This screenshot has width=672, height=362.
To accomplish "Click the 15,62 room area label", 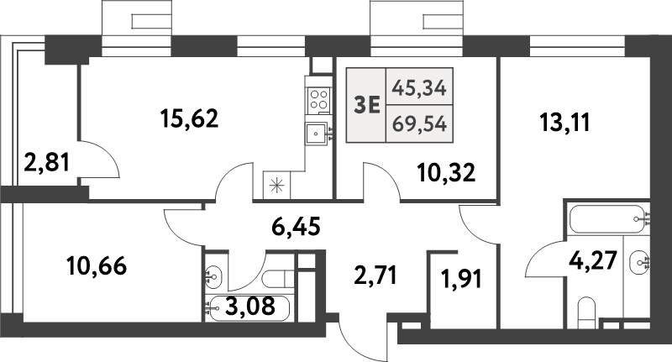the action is click(x=190, y=118).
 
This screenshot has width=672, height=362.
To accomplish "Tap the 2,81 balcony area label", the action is click(x=47, y=163).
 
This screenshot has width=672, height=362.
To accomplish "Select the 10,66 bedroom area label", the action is click(x=97, y=266).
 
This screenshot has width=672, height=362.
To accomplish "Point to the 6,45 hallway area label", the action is click(x=297, y=227).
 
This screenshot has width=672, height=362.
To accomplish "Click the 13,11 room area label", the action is click(x=564, y=123).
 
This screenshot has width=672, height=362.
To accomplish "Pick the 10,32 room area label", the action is click(x=446, y=173).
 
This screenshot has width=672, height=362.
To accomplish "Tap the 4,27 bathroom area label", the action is click(x=593, y=261).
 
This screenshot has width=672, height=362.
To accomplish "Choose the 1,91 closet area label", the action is click(x=461, y=279).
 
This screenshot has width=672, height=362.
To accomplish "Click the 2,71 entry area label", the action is click(x=375, y=275).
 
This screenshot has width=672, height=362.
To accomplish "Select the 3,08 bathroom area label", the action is click(x=249, y=307).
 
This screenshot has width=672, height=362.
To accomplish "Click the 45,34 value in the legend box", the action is click(x=419, y=89).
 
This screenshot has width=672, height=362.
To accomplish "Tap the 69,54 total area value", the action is click(x=419, y=124).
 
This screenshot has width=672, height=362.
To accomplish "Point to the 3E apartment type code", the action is click(x=367, y=105).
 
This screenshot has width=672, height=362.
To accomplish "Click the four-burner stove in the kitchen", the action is click(x=319, y=99).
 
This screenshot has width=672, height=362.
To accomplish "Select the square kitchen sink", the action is click(x=317, y=134).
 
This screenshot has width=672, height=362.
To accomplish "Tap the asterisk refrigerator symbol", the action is click(x=277, y=186).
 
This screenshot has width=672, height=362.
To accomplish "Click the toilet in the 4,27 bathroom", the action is click(x=586, y=312).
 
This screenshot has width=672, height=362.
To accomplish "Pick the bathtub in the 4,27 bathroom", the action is click(x=607, y=219).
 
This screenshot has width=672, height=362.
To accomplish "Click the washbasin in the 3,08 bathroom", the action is click(x=213, y=275).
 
